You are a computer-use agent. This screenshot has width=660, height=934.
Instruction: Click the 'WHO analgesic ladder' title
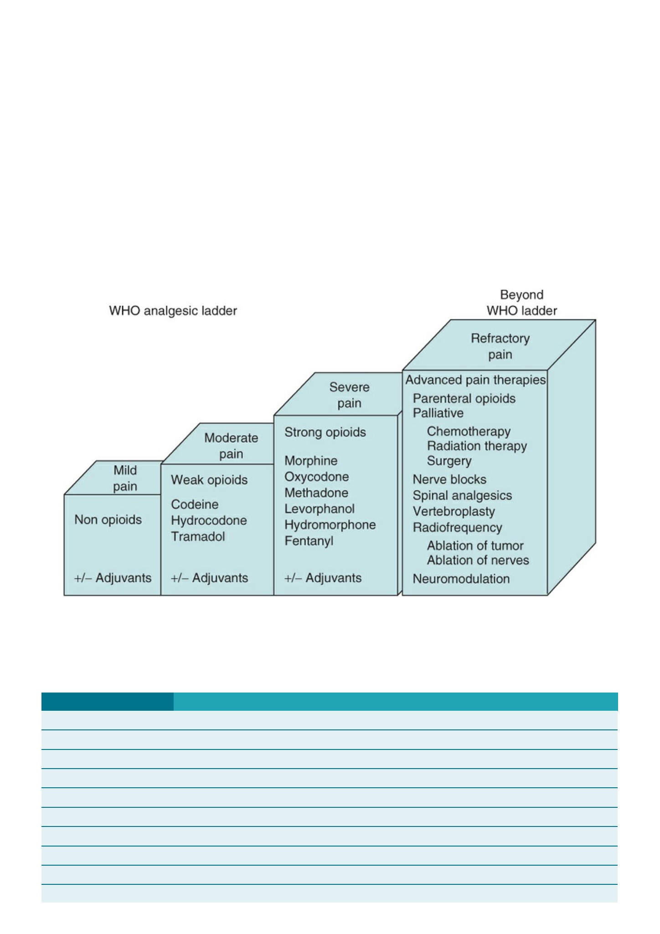click(x=173, y=311)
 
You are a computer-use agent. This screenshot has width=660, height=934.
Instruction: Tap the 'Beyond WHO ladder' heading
click(x=522, y=303)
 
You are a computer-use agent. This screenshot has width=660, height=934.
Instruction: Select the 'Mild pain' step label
click(x=125, y=478)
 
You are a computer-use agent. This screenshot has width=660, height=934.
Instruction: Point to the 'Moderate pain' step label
click(x=231, y=446)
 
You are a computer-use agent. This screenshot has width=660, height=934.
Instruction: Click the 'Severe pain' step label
click(x=349, y=395)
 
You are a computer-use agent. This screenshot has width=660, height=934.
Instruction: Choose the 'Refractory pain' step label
click(x=500, y=346)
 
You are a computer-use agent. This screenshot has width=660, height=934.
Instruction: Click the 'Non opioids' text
click(x=108, y=519)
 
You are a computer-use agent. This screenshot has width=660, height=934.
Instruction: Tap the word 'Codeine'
click(x=195, y=504)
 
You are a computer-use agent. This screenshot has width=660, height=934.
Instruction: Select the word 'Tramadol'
click(x=198, y=536)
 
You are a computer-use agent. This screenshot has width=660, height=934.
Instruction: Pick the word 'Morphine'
click(x=311, y=461)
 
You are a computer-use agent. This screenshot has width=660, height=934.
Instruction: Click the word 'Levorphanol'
click(x=320, y=508)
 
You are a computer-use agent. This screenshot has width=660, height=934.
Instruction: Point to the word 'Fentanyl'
click(x=309, y=541)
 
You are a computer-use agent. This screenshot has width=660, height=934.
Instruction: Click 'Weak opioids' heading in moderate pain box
click(x=209, y=480)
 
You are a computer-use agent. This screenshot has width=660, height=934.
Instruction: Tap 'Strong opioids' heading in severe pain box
click(x=325, y=432)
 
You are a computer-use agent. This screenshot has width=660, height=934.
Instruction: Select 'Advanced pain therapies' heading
click(x=475, y=380)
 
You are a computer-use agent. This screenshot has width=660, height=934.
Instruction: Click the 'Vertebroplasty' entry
click(x=454, y=512)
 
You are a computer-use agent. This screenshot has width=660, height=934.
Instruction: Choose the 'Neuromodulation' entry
click(x=461, y=579)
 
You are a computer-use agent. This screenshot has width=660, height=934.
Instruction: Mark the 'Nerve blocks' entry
click(x=449, y=479)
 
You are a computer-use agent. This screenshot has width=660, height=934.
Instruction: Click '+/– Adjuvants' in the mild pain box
click(x=113, y=578)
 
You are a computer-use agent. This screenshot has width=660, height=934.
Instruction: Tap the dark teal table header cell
click(x=107, y=701)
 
